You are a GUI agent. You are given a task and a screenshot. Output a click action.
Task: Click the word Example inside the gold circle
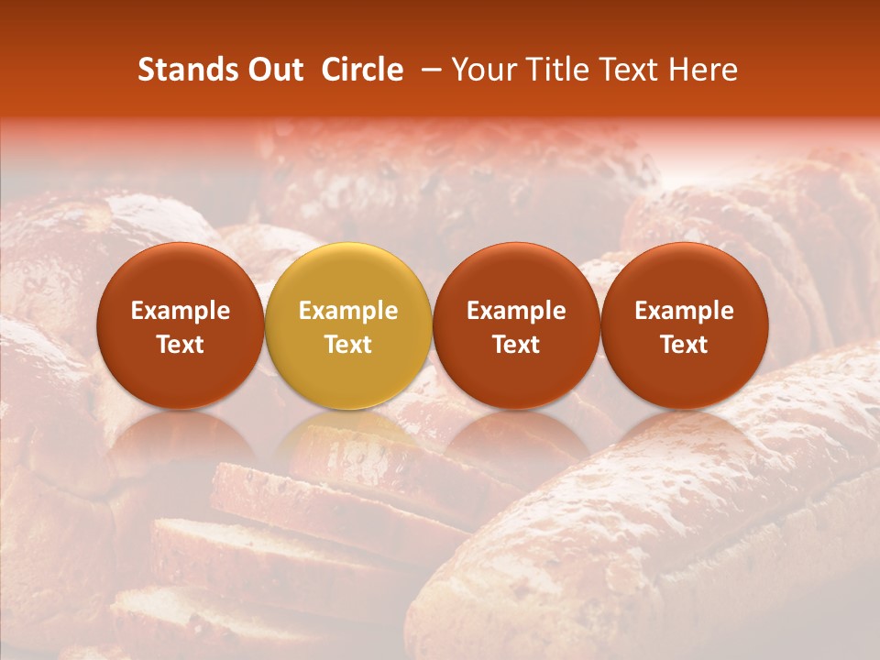point(348,311)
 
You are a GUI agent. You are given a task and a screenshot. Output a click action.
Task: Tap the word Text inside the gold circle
point(348,345)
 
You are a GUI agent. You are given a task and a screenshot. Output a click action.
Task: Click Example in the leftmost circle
point(181,311)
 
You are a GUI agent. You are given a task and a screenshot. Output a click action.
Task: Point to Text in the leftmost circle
point(181,345)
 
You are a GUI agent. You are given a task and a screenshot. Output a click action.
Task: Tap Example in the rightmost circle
point(684,311)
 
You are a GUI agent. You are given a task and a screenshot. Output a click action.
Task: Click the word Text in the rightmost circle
point(684,345)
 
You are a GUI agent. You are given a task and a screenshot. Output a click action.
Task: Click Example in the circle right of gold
point(516,311)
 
